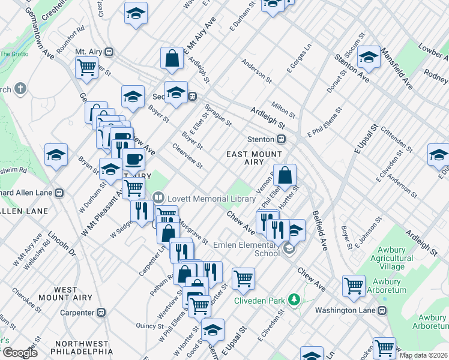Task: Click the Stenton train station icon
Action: tap(281, 139)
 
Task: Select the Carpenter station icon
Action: tap(101, 312)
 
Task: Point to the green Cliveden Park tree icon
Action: tap(294, 299)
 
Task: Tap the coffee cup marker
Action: tap(133, 160)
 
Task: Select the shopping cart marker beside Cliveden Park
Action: tap(243, 277)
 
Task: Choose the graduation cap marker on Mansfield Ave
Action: tap(369, 57)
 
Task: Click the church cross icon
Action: tap(20, 89)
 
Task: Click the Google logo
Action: tap(19, 353)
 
